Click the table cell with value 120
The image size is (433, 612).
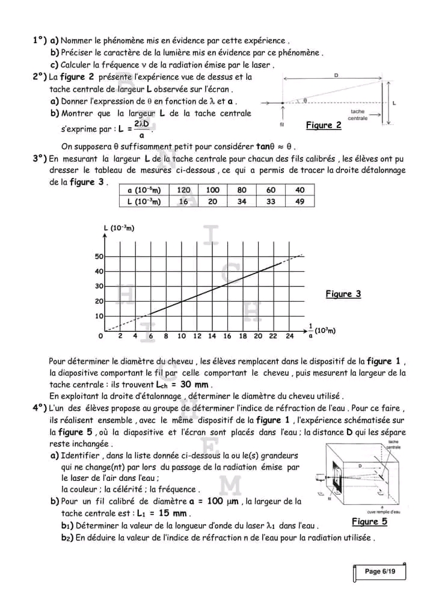(x=183, y=190)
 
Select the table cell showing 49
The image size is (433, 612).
(x=300, y=202)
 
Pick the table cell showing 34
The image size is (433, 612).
(x=242, y=202)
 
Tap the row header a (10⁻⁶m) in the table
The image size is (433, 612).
(x=144, y=190)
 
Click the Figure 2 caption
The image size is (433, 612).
(x=324, y=125)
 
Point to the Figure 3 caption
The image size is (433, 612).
(x=343, y=294)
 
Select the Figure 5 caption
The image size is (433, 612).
(x=369, y=521)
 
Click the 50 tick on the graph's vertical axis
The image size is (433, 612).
(x=99, y=257)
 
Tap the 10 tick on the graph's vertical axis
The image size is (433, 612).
(x=99, y=316)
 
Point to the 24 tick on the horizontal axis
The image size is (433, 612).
(x=289, y=336)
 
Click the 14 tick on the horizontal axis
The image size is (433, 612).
(x=212, y=336)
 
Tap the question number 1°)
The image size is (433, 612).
(x=40, y=41)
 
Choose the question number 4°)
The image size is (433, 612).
(x=40, y=408)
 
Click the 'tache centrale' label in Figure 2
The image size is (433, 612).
(x=358, y=115)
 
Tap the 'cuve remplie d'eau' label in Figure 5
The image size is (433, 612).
(x=384, y=511)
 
